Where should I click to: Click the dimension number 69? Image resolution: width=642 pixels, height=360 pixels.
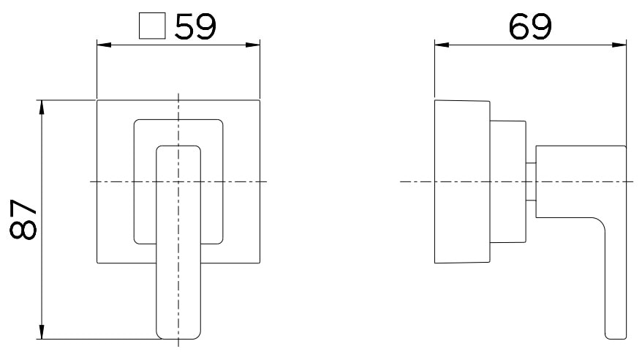point(530,27)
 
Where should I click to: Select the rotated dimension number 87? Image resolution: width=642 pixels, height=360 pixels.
point(24,219)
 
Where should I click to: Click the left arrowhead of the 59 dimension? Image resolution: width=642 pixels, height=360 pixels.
point(103,45)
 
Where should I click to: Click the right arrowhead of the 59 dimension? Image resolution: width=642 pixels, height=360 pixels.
point(254,45)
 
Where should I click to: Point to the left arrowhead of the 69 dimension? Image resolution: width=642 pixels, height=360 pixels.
point(441,45)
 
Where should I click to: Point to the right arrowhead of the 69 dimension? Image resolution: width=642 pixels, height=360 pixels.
point(622,45)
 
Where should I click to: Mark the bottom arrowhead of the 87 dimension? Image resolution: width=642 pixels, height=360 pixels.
point(42,333)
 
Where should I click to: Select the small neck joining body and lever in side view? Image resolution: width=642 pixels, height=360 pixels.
point(532,181)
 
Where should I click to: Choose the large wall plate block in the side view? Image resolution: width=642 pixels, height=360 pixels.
point(461,181)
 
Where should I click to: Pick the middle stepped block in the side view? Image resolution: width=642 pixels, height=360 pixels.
point(507,181)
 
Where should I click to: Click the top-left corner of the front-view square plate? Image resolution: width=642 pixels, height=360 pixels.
point(98,100)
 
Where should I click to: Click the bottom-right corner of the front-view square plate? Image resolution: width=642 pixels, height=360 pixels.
point(260,263)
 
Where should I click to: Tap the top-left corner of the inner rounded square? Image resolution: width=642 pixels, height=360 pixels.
point(137,121)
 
